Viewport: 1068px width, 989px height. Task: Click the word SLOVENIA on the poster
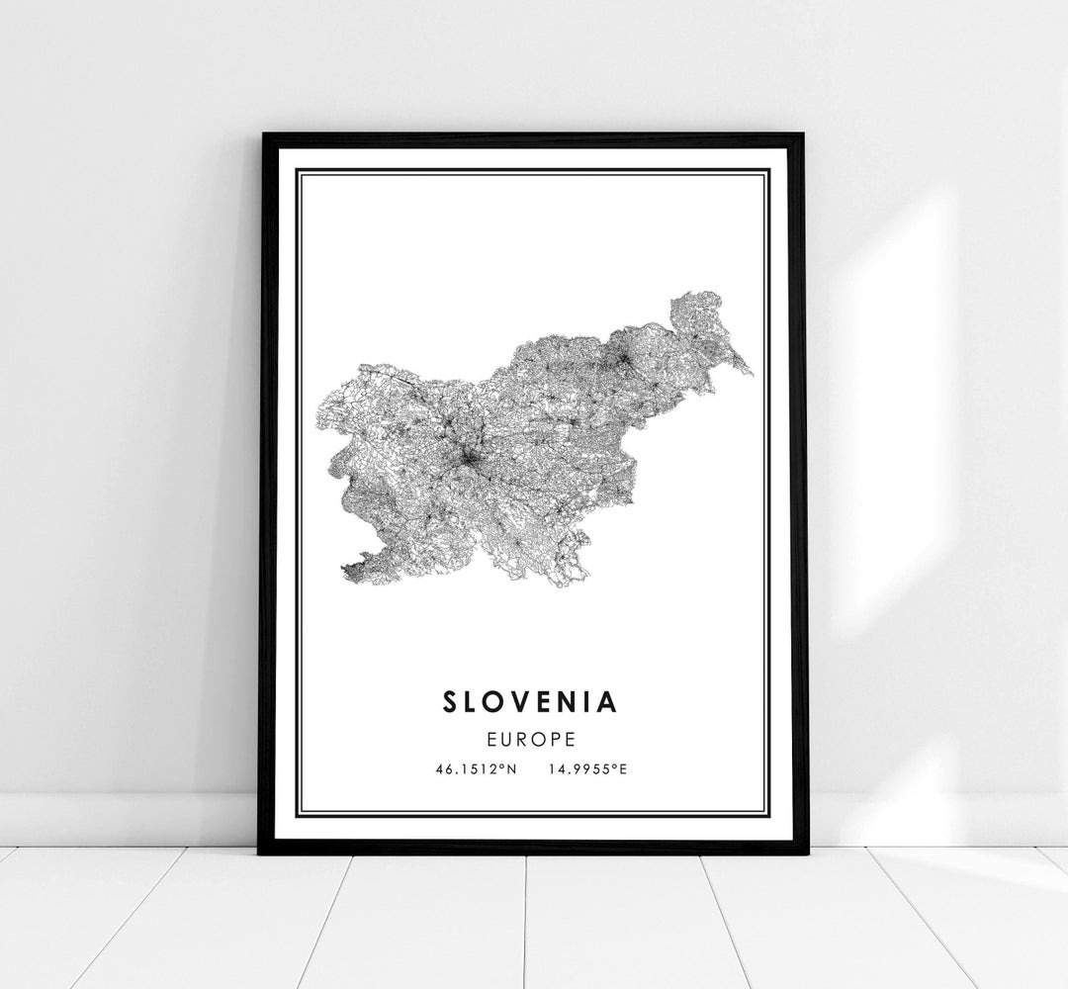[x=530, y=701]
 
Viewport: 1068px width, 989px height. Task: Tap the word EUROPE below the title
[x=530, y=738]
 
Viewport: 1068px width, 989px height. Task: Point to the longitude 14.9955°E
[x=586, y=768]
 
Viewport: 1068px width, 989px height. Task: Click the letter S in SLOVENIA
[x=452, y=701]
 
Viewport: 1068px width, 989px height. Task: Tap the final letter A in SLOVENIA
[x=607, y=701]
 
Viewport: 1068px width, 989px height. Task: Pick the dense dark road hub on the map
[x=468, y=458]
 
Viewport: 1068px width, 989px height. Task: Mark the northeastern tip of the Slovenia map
[x=750, y=374]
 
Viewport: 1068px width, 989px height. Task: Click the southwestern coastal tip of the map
[x=344, y=571]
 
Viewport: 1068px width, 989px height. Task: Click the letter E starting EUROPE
[x=489, y=738]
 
